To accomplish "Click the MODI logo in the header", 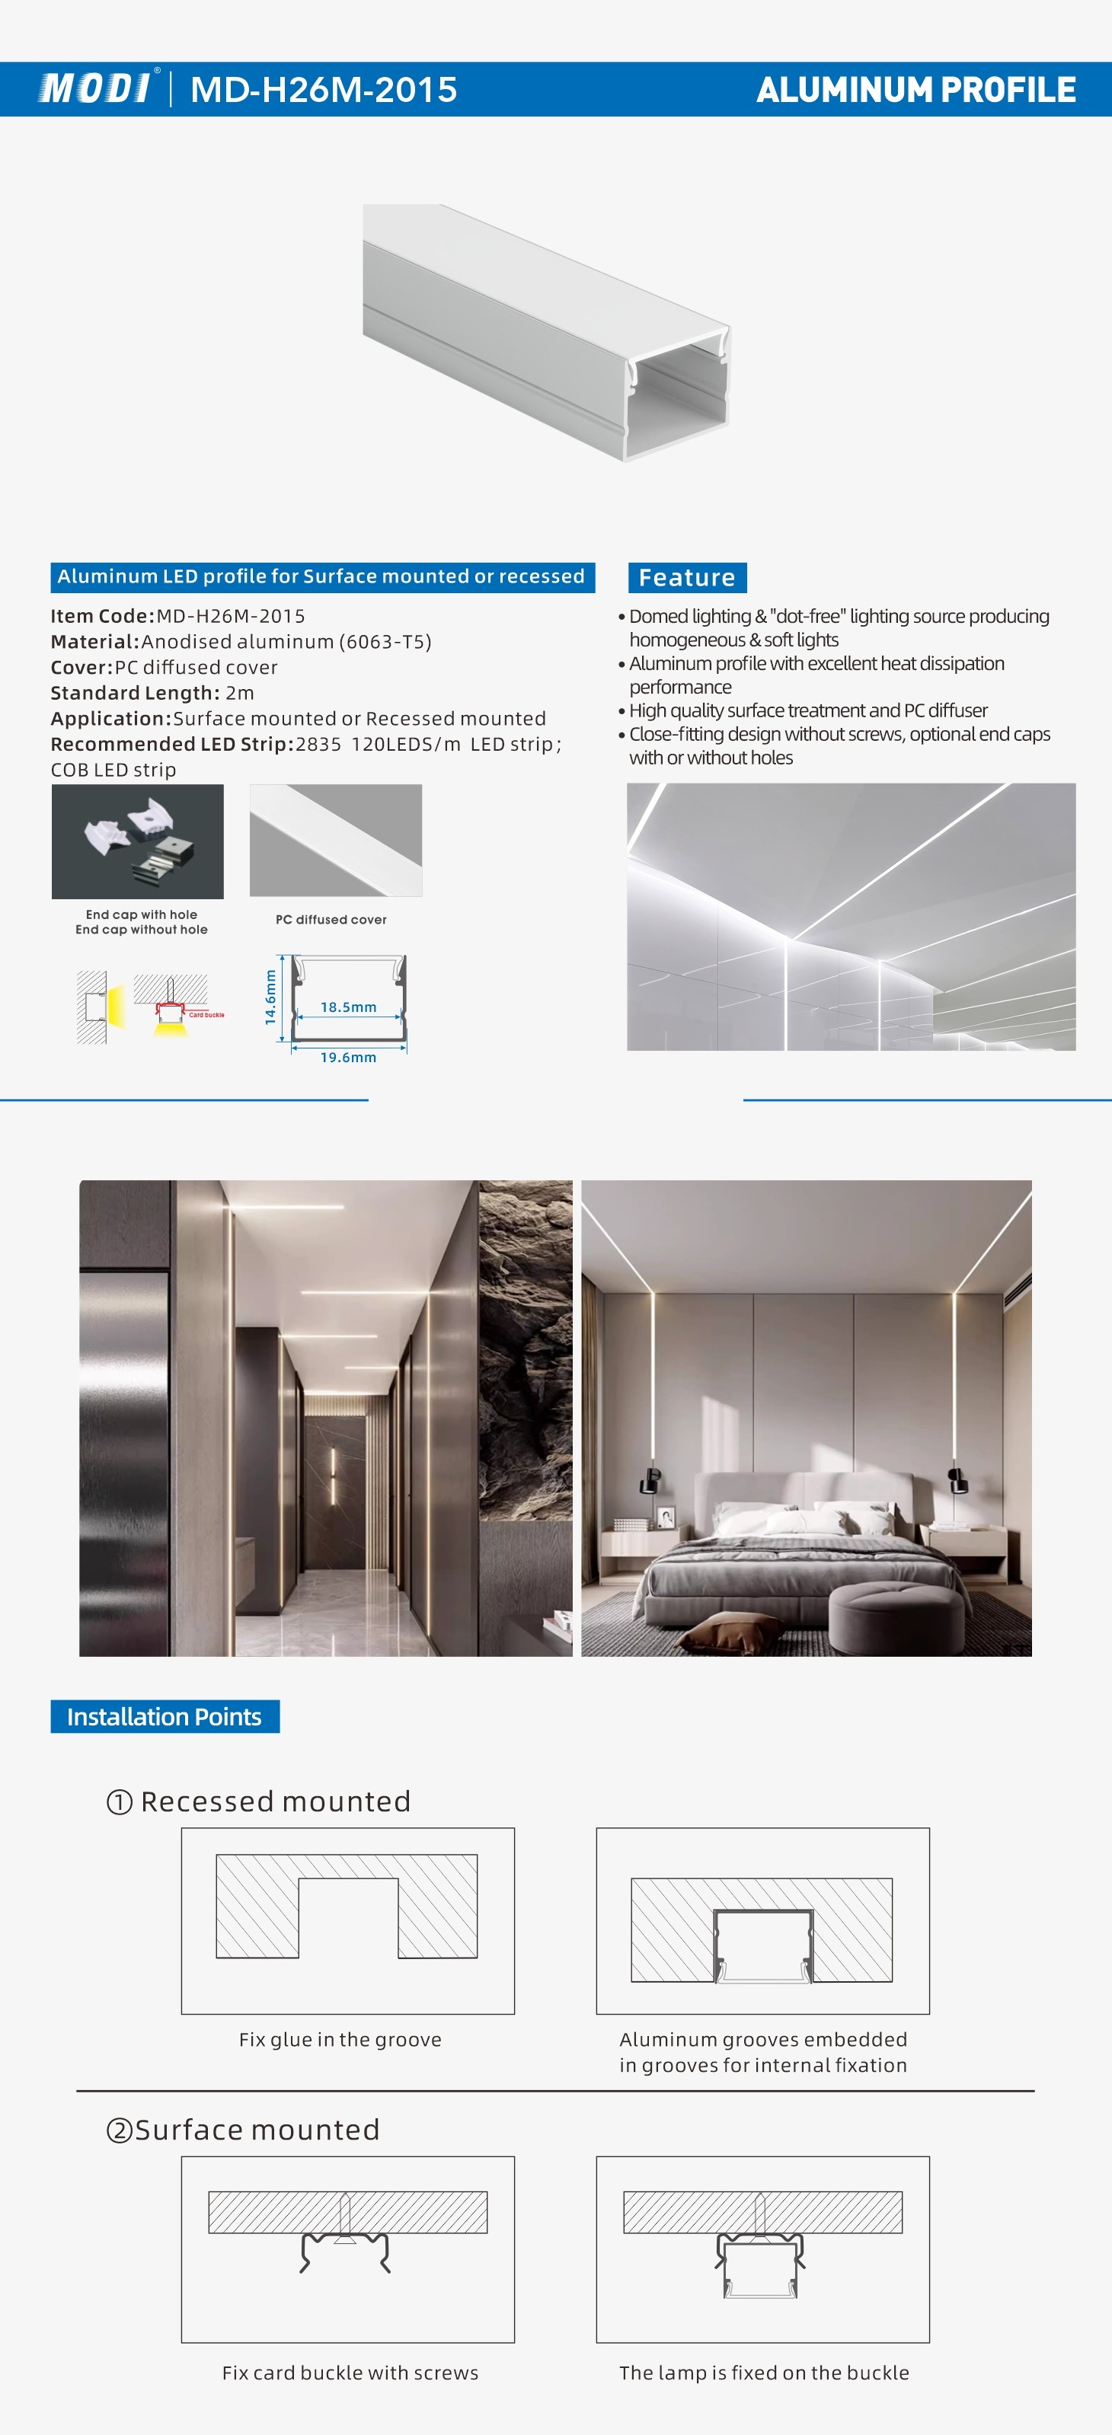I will (x=94, y=89).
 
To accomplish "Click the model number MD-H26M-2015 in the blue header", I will (x=324, y=90).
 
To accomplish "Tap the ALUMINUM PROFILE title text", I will (x=915, y=90).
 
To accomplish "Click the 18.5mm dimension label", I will (x=348, y=1007).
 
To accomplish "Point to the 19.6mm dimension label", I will (x=348, y=1058).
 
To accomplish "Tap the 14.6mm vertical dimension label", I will (x=270, y=997).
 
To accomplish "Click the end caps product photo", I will (x=138, y=841).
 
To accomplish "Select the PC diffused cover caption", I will (x=331, y=920).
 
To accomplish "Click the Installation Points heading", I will (x=165, y=1716).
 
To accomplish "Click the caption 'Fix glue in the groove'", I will (x=340, y=2040).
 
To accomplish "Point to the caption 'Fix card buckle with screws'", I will (x=350, y=2373).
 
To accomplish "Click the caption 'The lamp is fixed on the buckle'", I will (x=764, y=2373).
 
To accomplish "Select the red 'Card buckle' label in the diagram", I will (x=206, y=1015).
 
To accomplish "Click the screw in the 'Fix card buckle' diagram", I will (x=345, y=2217).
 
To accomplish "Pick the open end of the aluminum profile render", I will (x=678, y=397).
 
